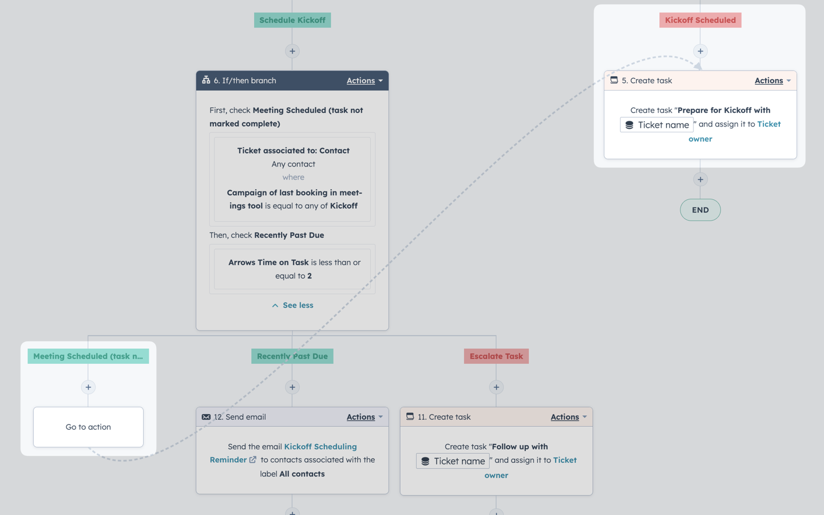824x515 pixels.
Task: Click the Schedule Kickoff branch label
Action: [292, 20]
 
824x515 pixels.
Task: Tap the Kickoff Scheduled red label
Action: [700, 20]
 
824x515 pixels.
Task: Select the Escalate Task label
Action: [496, 356]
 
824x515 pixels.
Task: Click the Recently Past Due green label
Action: [292, 356]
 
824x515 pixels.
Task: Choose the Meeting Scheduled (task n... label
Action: [88, 356]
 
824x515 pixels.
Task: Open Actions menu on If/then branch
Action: [365, 80]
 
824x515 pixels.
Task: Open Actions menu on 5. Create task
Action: [772, 80]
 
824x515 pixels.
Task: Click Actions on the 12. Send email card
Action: [365, 416]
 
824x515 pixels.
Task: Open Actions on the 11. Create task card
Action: [568, 416]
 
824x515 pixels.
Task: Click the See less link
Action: [292, 305]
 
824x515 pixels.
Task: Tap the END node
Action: [700, 210]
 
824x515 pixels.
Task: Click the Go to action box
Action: [88, 427]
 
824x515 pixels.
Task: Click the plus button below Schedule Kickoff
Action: [292, 51]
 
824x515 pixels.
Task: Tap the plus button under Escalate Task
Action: [496, 387]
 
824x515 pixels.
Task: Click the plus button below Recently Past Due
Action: [292, 387]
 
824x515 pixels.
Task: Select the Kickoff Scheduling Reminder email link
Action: [283, 453]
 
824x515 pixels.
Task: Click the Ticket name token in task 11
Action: [453, 461]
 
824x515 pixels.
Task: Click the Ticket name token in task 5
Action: [657, 125]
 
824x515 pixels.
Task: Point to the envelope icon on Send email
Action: [206, 416]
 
